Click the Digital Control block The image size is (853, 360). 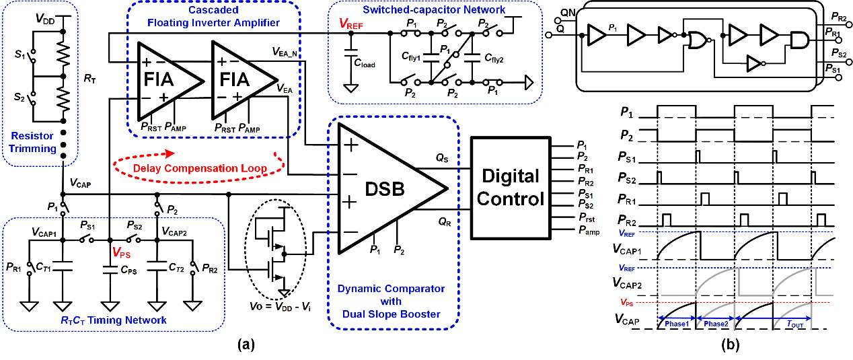pos(511,188)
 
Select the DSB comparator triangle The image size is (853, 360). pos(392,188)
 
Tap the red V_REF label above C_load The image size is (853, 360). pos(350,24)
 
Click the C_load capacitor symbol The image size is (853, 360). pos(350,52)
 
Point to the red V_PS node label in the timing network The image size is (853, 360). pos(122,252)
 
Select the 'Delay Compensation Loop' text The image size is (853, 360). pos(200,168)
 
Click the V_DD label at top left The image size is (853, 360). pos(45,19)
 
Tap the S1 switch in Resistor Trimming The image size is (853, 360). pos(33,57)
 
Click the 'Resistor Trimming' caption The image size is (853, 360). pos(32,142)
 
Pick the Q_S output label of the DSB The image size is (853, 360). pos(442,157)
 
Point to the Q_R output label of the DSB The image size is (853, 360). pos(444,221)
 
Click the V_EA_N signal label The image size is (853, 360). pos(285,52)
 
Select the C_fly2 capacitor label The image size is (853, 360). pos(494,59)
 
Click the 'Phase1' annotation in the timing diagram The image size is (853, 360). pos(677,324)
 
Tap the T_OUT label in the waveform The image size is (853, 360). pos(795,324)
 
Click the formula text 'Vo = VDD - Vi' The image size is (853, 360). pos(280,306)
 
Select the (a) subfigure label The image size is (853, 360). pos(246,345)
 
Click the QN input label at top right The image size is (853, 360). pos(568,13)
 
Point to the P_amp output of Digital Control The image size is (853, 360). pos(589,231)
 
